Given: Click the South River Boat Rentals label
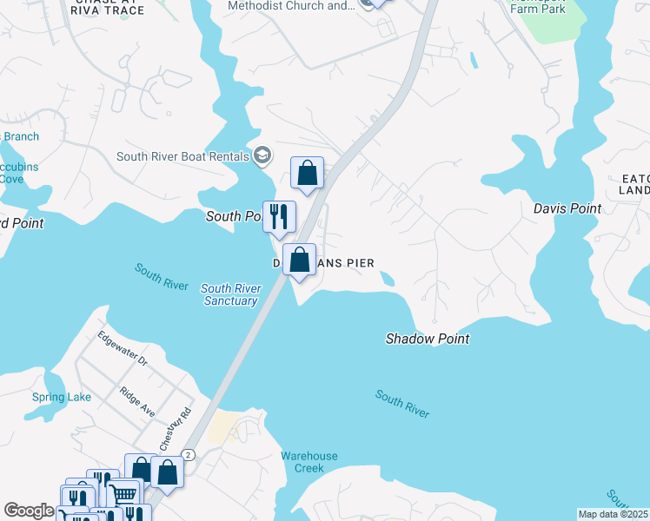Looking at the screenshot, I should pyautogui.click(x=182, y=157).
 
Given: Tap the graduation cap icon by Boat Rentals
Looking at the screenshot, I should pyautogui.click(x=262, y=156).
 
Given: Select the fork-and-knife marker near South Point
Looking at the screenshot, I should pyautogui.click(x=280, y=216).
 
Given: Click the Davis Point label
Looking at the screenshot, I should pyautogui.click(x=567, y=208).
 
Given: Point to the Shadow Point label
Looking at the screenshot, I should pyautogui.click(x=428, y=339).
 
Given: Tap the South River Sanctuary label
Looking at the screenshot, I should pyautogui.click(x=230, y=294).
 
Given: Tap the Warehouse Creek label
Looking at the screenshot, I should pyautogui.click(x=308, y=462).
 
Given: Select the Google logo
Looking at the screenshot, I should pyautogui.click(x=29, y=511).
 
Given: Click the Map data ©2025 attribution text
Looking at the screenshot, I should pyautogui.click(x=614, y=514).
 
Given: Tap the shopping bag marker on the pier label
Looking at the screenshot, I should pyautogui.click(x=299, y=260).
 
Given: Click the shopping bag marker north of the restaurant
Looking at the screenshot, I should pyautogui.click(x=307, y=173).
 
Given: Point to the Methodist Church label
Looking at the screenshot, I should pyautogui.click(x=290, y=5).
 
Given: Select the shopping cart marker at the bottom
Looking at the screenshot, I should pyautogui.click(x=124, y=494).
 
